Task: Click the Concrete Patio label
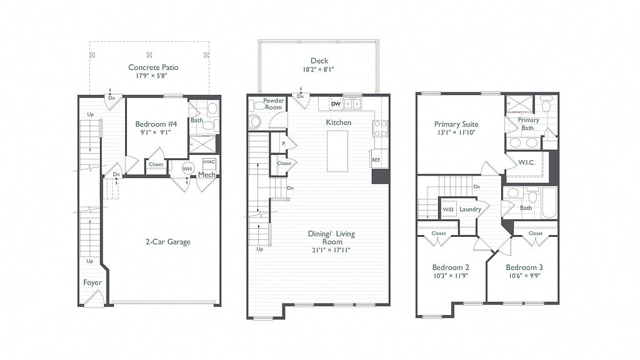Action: pos(153,67)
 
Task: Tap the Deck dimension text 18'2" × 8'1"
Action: pos(318,69)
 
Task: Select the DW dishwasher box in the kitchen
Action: pos(336,104)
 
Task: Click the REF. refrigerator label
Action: pos(376,160)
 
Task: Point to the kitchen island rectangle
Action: pos(337,151)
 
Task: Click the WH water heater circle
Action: pos(187,169)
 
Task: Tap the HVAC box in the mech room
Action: pos(209,164)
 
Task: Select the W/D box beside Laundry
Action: pos(448,209)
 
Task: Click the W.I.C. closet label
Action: pos(526,162)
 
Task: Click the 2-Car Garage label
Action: pos(167,242)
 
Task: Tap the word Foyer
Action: pos(92,282)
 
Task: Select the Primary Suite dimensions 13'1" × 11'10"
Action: pos(456,132)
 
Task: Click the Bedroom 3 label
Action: pos(524,267)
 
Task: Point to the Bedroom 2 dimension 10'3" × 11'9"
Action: pos(451,276)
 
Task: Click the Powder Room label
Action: pos(274,104)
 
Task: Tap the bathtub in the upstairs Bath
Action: pos(549,203)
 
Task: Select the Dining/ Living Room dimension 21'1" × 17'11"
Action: pos(331,250)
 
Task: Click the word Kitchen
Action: pos(338,122)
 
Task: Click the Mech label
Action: pos(206,175)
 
